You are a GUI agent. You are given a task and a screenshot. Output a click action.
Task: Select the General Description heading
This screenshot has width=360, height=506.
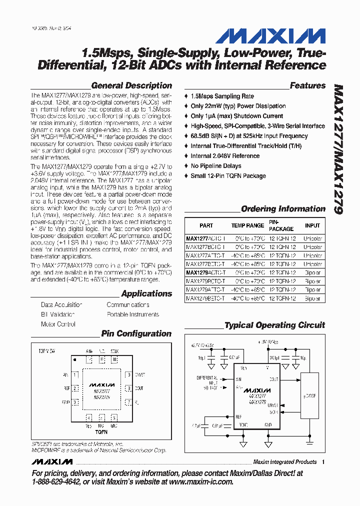click(x=131, y=85)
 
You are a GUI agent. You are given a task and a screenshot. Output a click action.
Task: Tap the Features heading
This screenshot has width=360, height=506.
click(x=307, y=85)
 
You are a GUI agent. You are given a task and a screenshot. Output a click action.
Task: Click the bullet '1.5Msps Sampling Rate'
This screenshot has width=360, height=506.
click(x=222, y=96)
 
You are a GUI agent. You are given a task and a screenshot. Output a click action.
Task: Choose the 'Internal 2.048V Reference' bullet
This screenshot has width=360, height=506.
click(x=225, y=156)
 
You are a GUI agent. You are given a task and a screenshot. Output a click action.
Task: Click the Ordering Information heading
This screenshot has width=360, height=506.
click(x=283, y=209)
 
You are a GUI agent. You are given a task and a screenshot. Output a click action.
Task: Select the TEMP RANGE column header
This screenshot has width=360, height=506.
click(x=247, y=225)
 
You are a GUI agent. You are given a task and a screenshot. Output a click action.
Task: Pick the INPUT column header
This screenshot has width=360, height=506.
click(x=312, y=225)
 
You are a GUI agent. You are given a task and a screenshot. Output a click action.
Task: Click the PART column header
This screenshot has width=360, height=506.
click(x=206, y=225)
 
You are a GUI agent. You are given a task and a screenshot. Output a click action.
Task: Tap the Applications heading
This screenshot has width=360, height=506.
click(x=146, y=293)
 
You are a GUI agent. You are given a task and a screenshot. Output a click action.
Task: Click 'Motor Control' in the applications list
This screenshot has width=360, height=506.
click(x=58, y=324)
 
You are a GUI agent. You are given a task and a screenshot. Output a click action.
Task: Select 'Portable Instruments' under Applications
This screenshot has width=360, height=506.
click(x=133, y=314)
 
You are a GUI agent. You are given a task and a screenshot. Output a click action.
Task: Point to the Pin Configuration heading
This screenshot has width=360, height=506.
click(x=136, y=333)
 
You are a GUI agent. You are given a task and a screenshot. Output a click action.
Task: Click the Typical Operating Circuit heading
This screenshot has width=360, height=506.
click(x=274, y=325)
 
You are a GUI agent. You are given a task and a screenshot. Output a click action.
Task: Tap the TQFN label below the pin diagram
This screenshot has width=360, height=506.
click(x=101, y=431)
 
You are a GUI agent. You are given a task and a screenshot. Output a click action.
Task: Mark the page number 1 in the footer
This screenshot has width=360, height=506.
click(x=323, y=462)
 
